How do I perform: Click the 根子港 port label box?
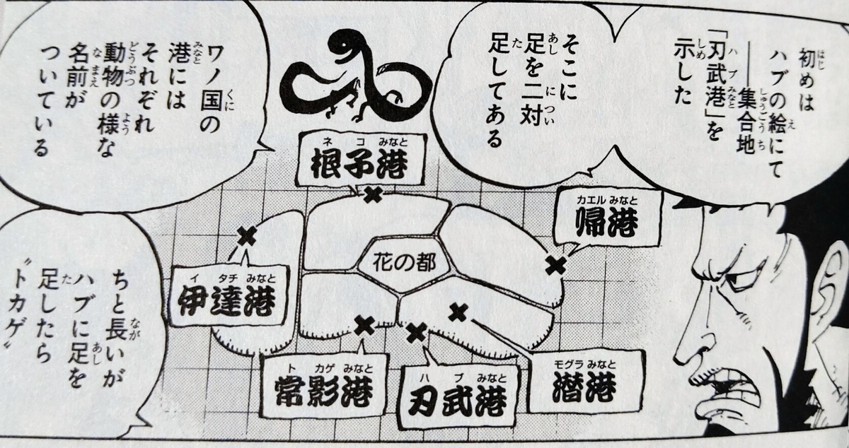(360, 159)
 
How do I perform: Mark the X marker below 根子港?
(372, 194)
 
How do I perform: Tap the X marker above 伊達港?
(246, 235)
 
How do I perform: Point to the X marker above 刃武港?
(417, 331)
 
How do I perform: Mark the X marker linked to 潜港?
(458, 311)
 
